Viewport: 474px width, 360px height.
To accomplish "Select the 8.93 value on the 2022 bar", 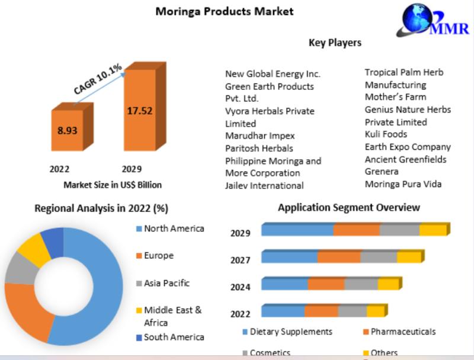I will [67, 130].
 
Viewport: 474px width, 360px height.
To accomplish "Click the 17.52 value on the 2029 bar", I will [139, 110].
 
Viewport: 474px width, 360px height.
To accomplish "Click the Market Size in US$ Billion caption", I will [113, 185].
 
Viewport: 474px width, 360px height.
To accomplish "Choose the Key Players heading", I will [335, 43].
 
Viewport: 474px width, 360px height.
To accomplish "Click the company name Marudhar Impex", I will [260, 136].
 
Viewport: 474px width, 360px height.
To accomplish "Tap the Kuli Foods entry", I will [386, 134].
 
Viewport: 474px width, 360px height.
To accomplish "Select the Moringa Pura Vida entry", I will [403, 184].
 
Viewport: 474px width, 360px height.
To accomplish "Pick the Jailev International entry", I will [264, 185].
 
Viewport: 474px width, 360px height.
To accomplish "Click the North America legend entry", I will [174, 229].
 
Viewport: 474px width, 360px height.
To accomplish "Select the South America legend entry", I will [174, 337].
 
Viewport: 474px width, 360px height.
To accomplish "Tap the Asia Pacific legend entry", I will [166, 283].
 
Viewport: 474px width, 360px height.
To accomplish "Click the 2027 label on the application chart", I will [240, 260].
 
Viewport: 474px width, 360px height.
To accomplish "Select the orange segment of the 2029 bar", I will [356, 230].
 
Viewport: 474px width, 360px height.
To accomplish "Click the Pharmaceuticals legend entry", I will [403, 332].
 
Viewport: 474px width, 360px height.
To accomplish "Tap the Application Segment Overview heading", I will [349, 207].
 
